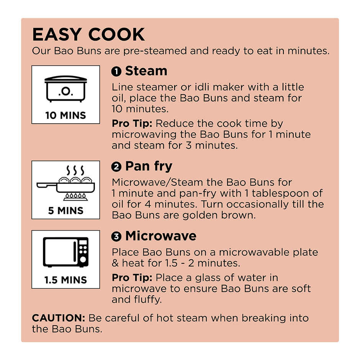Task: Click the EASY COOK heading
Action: [x=88, y=34]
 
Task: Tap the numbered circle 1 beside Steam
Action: [x=116, y=72]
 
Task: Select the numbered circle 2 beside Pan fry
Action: [x=116, y=167]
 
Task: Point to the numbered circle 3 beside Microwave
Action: [x=116, y=236]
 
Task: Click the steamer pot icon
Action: [x=65, y=88]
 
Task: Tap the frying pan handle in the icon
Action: [x=47, y=185]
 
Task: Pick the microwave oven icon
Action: [x=65, y=252]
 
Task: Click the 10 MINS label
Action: [x=65, y=115]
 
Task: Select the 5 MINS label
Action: [x=65, y=211]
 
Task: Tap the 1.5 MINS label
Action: [x=65, y=280]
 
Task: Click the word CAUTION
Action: [x=59, y=318]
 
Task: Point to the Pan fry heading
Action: [x=149, y=167]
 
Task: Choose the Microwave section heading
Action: [x=161, y=236]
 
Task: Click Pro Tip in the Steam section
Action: [x=132, y=124]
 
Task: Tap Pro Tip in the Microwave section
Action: [x=132, y=278]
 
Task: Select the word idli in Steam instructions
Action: [x=202, y=87]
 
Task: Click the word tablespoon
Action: [x=280, y=193]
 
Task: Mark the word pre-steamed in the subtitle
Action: [x=155, y=51]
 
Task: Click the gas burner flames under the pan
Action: [x=75, y=196]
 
